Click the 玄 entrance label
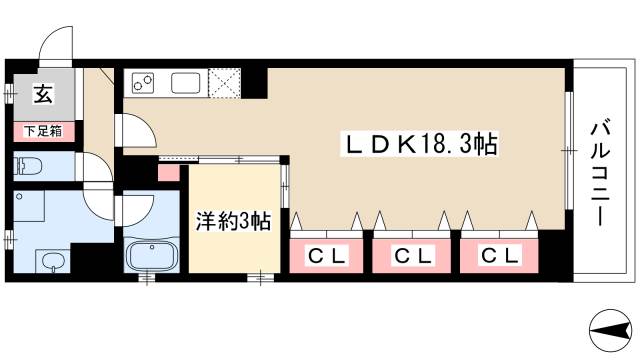coord(43,96)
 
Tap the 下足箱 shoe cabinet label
coord(42,131)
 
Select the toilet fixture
coord(28,164)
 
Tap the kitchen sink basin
coord(187,83)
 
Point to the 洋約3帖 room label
coord(231,222)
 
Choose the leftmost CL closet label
coord(326,256)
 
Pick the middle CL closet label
coord(411,256)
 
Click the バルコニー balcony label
coord(600,171)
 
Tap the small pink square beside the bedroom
coord(166,172)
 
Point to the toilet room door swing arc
coord(98,170)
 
